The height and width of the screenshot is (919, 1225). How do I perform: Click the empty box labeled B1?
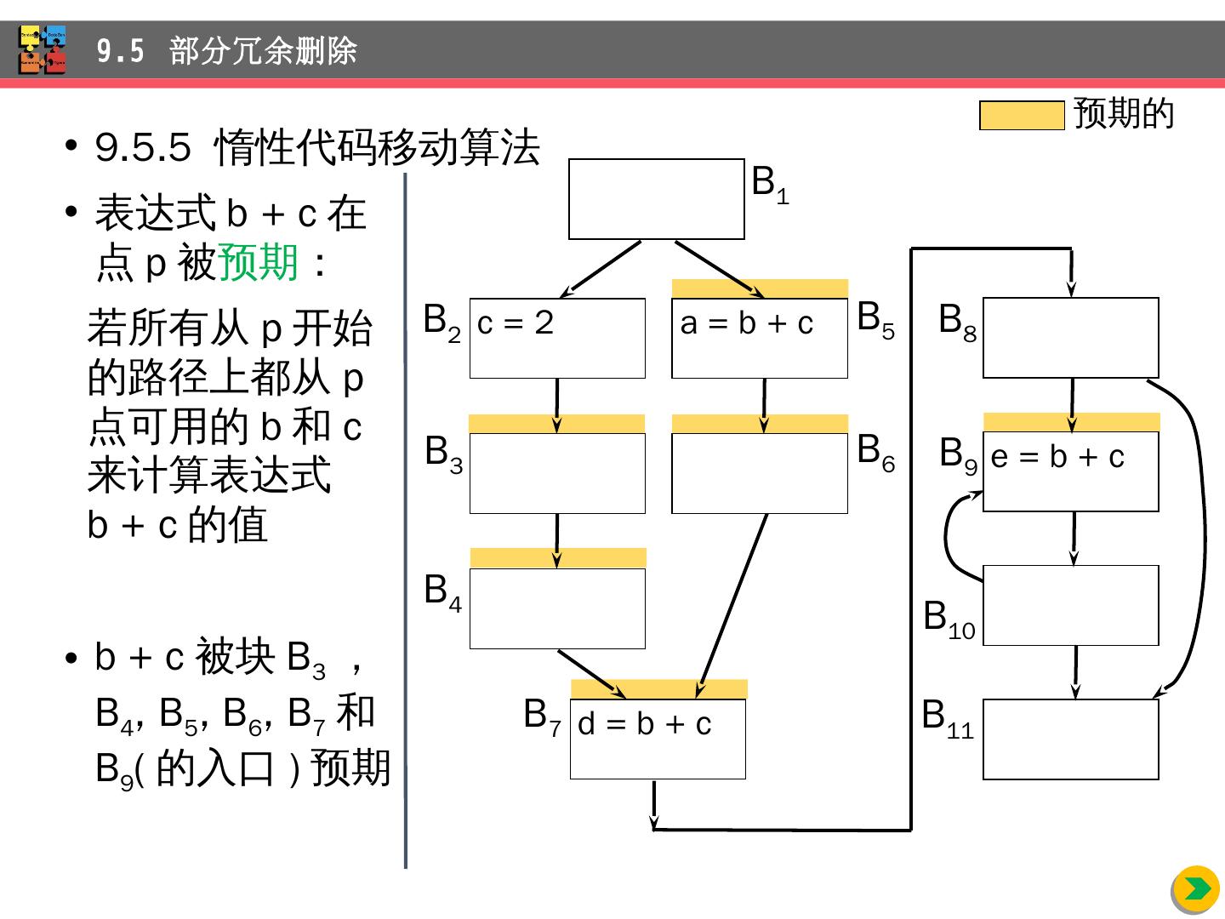pos(656,199)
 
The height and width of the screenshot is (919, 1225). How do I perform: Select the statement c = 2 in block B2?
pos(516,323)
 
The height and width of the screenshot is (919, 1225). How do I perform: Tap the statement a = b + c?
pos(747,323)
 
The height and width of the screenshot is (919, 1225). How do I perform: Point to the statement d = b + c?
pos(644,724)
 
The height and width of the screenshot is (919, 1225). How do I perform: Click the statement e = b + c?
pos(1057,458)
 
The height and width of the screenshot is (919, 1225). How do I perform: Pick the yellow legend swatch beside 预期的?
pos(1021,115)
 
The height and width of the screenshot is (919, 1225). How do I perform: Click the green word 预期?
pos(259,263)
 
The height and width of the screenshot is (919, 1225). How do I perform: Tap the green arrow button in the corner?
pos(1195,889)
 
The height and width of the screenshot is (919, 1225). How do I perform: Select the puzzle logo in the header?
pos(43,49)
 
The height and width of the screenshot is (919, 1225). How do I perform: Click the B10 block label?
pos(949,619)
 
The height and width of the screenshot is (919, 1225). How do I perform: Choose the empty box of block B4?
pos(557,608)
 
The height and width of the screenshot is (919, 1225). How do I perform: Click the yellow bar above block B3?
pos(556,423)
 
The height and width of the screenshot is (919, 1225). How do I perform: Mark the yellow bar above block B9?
pos(1071,421)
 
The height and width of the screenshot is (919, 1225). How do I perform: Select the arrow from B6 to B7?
pos(733,600)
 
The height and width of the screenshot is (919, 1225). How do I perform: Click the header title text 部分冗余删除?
pos(263,51)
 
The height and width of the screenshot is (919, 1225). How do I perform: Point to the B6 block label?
pos(875,452)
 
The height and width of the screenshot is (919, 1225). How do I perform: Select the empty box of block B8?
pos(1070,338)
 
